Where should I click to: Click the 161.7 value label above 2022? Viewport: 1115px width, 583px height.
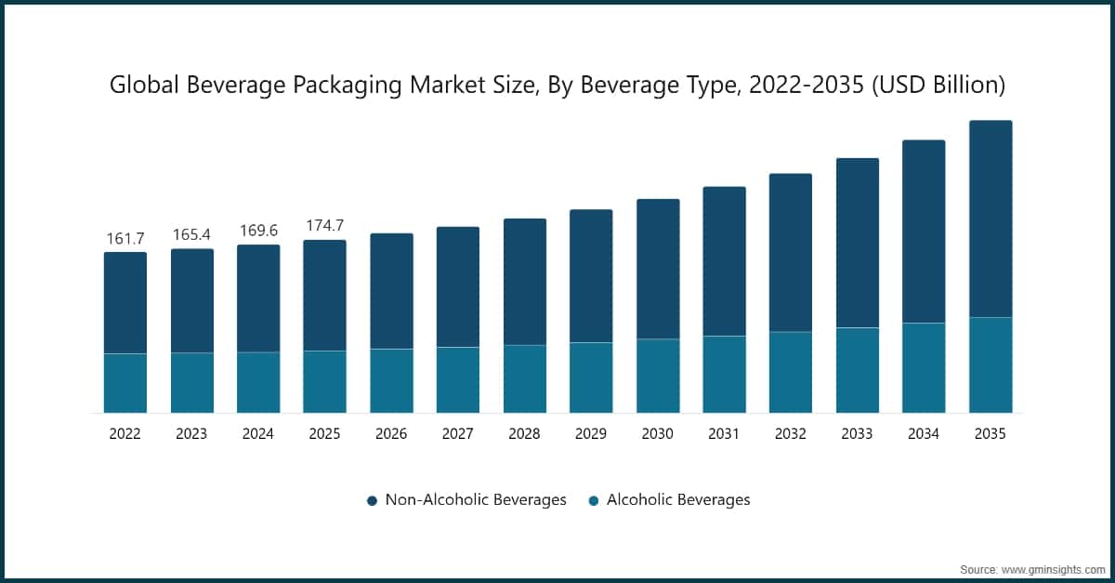[x=125, y=239]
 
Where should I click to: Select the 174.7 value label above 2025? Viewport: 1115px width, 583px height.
[x=324, y=226]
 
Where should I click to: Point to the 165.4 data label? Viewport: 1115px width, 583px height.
[x=191, y=234]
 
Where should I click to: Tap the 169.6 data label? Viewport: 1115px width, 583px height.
[x=258, y=231]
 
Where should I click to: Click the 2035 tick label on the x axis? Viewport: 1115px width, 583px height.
[x=990, y=433]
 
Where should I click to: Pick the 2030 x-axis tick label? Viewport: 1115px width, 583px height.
[x=657, y=433]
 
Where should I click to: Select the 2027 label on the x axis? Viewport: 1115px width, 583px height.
[x=457, y=433]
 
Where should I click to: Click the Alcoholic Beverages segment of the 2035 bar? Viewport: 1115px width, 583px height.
[x=990, y=365]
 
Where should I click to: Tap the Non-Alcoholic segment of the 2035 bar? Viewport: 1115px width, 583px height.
[x=990, y=219]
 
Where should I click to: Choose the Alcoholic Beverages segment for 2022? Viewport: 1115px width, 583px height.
[x=125, y=383]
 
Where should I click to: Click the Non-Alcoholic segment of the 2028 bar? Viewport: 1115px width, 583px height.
[x=524, y=282]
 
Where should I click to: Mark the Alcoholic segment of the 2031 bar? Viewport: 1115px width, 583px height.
[x=724, y=374]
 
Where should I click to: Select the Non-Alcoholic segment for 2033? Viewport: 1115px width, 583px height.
[x=857, y=243]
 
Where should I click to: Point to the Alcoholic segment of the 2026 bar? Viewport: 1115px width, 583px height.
[x=391, y=380]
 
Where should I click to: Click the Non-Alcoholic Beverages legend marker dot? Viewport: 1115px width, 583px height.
[x=372, y=500]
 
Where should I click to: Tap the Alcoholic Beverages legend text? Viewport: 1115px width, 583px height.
[x=677, y=500]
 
